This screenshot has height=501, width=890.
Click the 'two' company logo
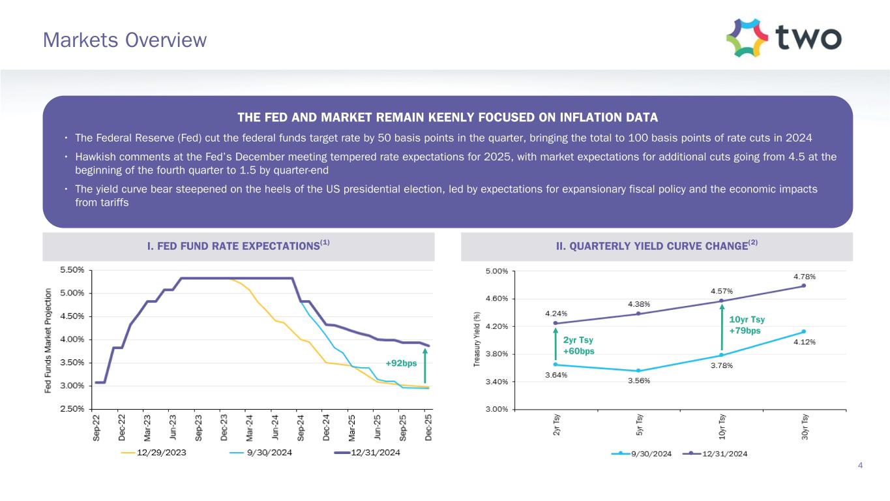783,38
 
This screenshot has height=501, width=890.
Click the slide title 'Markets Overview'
125,40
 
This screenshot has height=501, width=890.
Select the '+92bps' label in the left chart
401,363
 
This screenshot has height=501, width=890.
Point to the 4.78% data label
804,276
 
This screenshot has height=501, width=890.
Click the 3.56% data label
638,381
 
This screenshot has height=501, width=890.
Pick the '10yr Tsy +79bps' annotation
747,325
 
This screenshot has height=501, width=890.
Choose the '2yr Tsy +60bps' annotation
579,346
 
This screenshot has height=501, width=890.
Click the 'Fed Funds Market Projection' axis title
48,341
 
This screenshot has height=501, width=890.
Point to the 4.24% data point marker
555,323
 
